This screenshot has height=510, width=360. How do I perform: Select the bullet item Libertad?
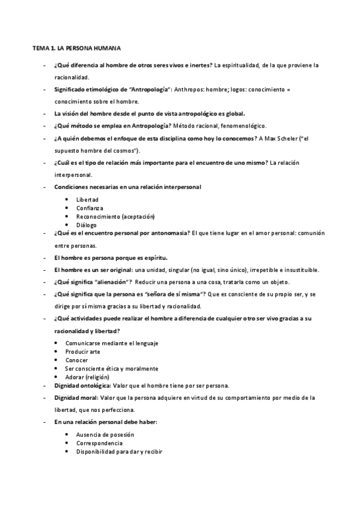[87, 199]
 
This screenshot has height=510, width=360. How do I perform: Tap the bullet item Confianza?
[90, 207]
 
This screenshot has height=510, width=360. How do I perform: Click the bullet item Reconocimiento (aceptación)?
[115, 216]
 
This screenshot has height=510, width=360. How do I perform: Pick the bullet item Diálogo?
[87, 224]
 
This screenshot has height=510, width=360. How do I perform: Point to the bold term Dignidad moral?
[76, 398]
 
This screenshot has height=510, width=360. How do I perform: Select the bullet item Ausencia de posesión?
[105, 434]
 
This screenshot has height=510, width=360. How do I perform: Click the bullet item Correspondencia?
[100, 443]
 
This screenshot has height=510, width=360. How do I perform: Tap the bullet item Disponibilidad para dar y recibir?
[120, 451]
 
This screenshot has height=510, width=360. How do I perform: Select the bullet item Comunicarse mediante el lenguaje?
[112, 343]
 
